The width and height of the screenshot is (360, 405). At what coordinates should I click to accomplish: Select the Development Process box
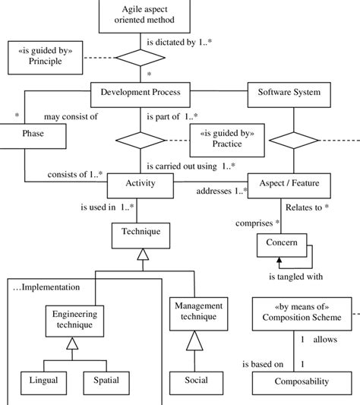pyautogui.click(x=141, y=93)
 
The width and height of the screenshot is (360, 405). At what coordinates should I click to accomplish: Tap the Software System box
pyautogui.click(x=289, y=93)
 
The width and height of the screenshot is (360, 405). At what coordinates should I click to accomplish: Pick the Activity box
pyautogui.click(x=140, y=183)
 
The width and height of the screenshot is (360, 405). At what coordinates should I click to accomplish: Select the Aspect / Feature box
pyautogui.click(x=289, y=183)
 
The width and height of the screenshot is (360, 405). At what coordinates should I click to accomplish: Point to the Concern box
pyautogui.click(x=282, y=244)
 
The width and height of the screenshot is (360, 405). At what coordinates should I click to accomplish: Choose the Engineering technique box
pyautogui.click(x=73, y=319)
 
